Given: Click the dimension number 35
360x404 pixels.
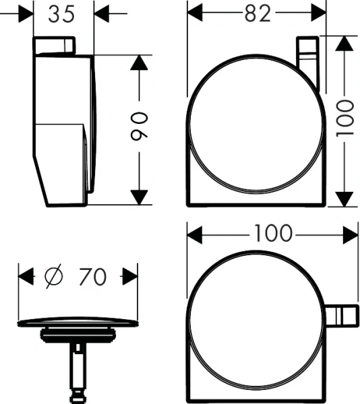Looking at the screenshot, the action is pyautogui.click(x=61, y=13).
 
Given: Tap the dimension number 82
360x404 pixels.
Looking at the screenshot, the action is pyautogui.click(x=258, y=13).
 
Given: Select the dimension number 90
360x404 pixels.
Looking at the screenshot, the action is pyautogui.click(x=140, y=127).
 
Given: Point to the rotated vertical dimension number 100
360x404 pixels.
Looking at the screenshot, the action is pyautogui.click(x=344, y=119).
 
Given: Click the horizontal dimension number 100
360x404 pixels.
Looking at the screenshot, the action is pyautogui.click(x=274, y=234).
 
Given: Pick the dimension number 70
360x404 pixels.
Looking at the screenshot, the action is pyautogui.click(x=92, y=277).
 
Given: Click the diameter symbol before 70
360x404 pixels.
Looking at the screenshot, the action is pyautogui.click(x=54, y=276).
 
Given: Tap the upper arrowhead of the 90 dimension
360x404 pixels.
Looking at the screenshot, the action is pyautogui.click(x=140, y=63).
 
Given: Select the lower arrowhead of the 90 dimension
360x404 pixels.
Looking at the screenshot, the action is pyautogui.click(x=140, y=197).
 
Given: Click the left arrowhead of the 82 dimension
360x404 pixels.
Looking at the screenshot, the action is pyautogui.click(x=195, y=13).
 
